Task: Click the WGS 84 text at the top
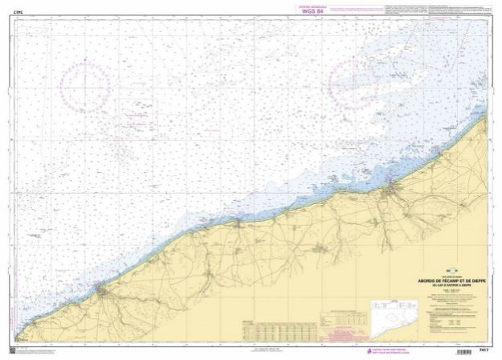[309, 10]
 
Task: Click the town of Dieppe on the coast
[391, 191]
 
